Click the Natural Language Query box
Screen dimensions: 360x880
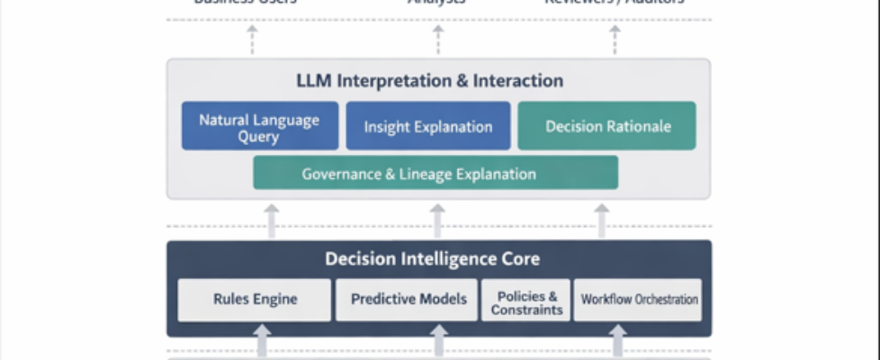point(260,126)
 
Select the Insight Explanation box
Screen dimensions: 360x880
point(428,126)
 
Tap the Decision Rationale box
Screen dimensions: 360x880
point(607,126)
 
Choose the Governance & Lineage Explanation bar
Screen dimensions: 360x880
point(436,173)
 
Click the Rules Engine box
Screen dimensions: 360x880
point(255,299)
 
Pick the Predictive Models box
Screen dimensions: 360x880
point(408,299)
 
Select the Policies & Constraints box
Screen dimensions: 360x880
point(526,301)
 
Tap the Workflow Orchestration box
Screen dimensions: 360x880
point(640,299)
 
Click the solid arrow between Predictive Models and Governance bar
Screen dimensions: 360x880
point(437,219)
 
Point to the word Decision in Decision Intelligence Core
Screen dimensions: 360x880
point(359,259)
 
